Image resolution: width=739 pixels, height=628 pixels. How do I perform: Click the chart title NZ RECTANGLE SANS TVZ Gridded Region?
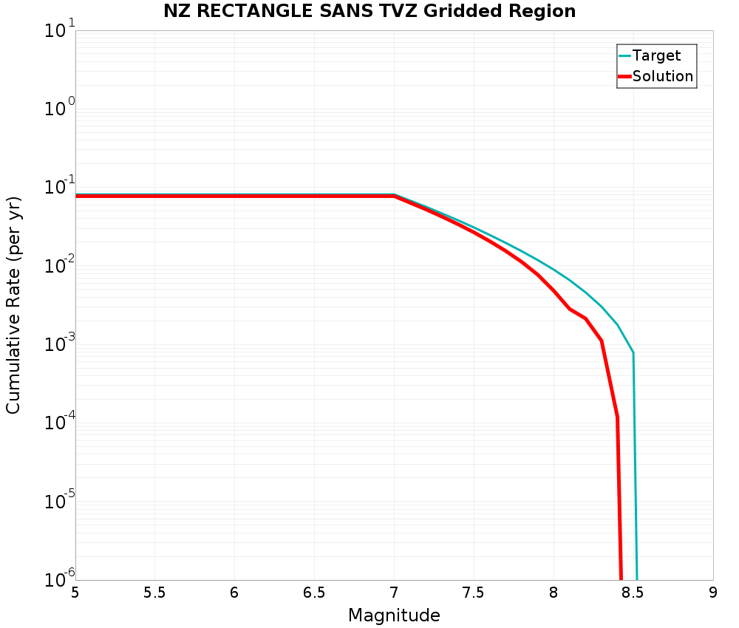point(369,11)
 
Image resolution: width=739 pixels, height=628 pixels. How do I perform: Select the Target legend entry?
point(656,55)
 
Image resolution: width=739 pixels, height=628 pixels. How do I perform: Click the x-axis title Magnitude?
point(394,615)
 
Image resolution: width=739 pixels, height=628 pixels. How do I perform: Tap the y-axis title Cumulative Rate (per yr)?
point(13,305)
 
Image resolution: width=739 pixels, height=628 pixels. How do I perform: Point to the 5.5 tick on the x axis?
point(154,593)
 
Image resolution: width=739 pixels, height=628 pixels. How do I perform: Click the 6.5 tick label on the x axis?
point(314,593)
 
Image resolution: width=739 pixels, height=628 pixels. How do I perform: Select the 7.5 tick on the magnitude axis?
point(473,593)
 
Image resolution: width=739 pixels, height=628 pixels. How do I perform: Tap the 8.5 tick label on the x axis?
point(633,593)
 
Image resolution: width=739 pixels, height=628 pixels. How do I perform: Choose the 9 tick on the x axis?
point(712,593)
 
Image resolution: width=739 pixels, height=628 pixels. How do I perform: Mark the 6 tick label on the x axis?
point(234,593)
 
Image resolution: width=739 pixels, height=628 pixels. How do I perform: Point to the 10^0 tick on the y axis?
point(59,111)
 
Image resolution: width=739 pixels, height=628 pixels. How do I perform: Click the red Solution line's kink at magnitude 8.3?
point(602,341)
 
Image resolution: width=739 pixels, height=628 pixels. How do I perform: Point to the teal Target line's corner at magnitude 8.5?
point(633,353)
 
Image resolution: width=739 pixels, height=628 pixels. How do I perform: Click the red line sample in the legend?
point(625,76)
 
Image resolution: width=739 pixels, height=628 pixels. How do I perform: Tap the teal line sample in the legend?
point(625,55)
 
